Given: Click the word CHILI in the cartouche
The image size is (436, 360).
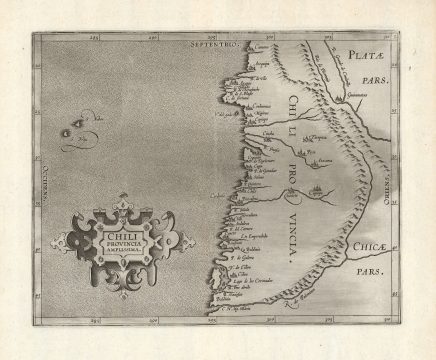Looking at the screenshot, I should pos(118,228).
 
